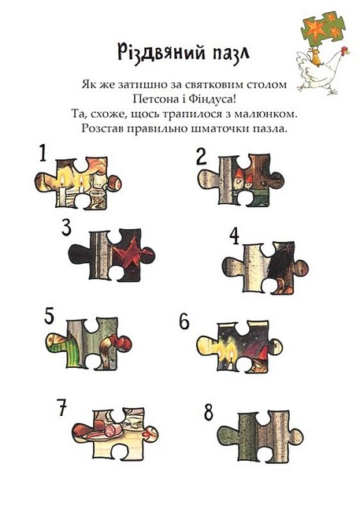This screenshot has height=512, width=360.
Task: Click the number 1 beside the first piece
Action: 43,153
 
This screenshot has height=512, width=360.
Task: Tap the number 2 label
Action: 202,157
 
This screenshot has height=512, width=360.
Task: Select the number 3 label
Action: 67,228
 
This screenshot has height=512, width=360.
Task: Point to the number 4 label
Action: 234,236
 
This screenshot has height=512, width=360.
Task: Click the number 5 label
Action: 50,316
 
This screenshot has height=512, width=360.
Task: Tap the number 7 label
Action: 62,408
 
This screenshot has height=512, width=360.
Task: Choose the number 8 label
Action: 209,413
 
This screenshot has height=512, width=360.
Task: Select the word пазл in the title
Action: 231,54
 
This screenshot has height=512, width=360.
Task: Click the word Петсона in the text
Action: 154,99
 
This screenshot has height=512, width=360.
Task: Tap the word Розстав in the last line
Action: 102,128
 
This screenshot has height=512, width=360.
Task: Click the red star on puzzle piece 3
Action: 129,253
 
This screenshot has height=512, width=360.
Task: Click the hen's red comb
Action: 344,50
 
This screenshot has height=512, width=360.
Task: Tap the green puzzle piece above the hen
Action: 323,28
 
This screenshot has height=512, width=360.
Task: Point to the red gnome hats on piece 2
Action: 244,176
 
